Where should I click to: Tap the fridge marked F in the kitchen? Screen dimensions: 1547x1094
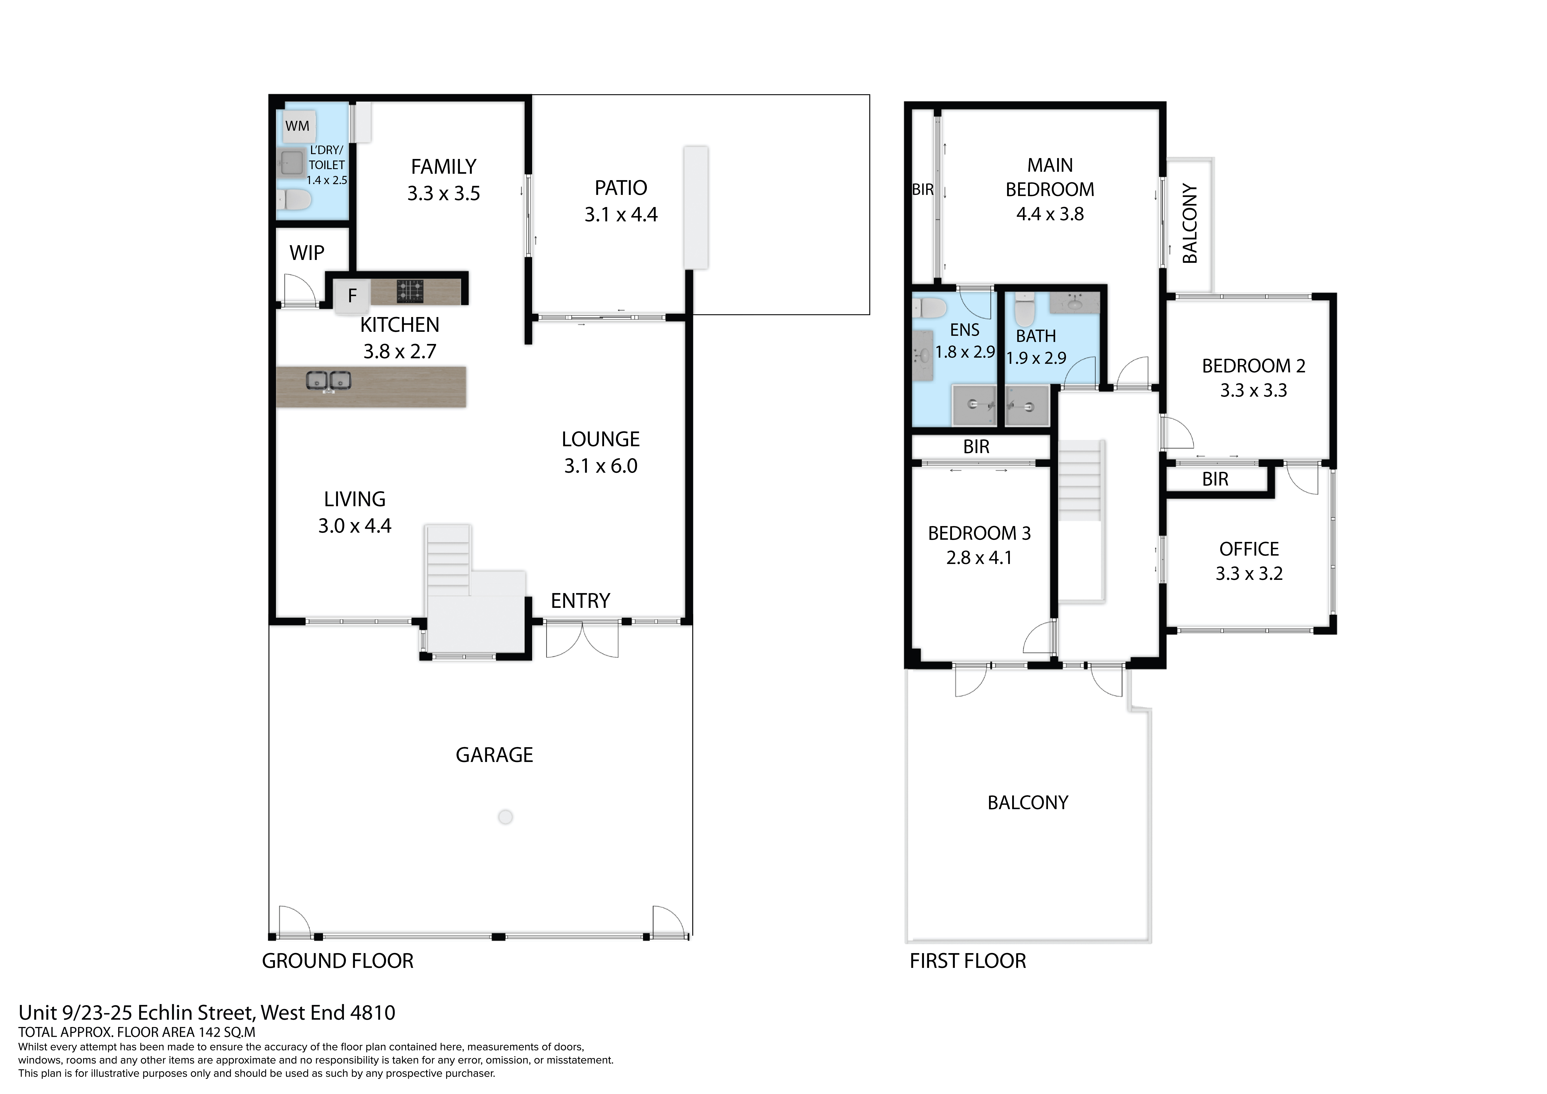click(352, 295)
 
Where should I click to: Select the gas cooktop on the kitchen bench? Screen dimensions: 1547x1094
click(410, 290)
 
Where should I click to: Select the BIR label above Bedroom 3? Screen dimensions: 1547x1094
click(976, 447)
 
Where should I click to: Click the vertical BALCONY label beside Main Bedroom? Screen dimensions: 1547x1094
click(1190, 224)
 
